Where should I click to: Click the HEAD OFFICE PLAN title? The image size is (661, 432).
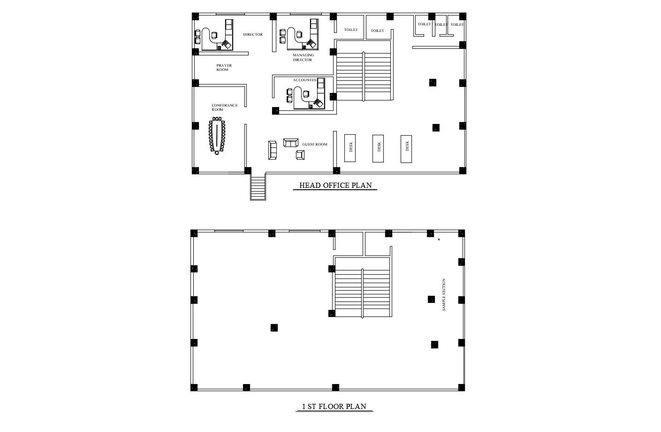[x=335, y=185]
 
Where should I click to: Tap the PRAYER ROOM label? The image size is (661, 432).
[x=223, y=68]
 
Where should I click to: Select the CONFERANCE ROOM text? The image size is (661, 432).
[x=224, y=107]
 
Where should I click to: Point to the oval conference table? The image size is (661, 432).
[x=217, y=136]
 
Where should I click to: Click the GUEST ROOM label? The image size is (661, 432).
[x=315, y=144]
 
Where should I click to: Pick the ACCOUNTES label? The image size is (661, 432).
[x=304, y=80]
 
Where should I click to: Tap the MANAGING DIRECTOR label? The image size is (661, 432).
[x=303, y=57]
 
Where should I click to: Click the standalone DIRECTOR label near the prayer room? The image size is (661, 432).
[x=253, y=35]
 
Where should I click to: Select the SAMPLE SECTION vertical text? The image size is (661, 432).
[x=444, y=295]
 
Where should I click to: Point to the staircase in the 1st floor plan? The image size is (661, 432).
[x=362, y=287]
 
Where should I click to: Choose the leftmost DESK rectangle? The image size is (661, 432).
[x=350, y=148]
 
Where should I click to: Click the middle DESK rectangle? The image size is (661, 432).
[x=379, y=148]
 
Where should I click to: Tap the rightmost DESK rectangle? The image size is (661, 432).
[x=407, y=148]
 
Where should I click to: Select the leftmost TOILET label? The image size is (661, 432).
[x=350, y=30]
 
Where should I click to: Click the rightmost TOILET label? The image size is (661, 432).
[x=457, y=24]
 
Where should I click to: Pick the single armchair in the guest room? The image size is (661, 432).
[x=300, y=154]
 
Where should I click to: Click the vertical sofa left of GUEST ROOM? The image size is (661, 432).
[x=273, y=149]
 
